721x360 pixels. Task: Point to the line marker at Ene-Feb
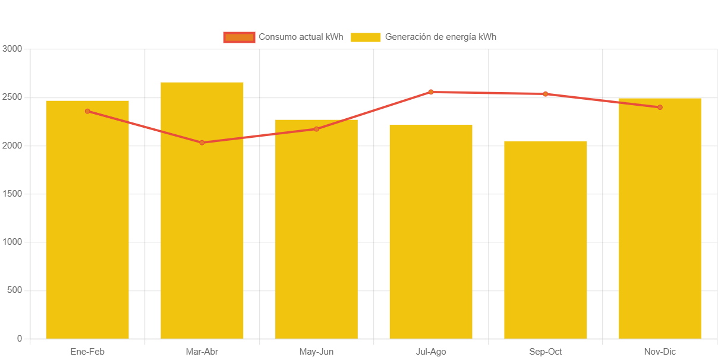point(87,111)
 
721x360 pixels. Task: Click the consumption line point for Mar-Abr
point(202,143)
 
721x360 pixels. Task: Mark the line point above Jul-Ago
point(431,92)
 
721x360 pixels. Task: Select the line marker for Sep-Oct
point(546,94)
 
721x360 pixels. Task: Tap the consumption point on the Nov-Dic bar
point(660,108)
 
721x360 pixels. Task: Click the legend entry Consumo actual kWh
point(284,37)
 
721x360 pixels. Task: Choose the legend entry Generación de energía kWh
point(423,37)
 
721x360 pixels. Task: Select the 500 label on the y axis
point(14,290)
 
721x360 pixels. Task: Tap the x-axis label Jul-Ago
point(431,352)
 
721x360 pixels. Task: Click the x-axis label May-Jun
point(316,352)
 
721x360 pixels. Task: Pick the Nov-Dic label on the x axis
point(660,352)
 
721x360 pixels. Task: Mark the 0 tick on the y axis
point(20,339)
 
